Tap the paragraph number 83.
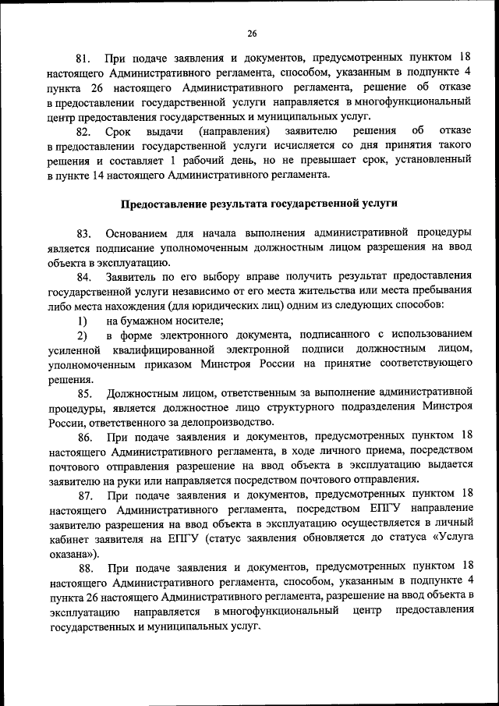pyautogui.click(x=84, y=232)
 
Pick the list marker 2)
pyautogui.click(x=81, y=335)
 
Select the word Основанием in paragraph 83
pyautogui.click(x=141, y=232)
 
